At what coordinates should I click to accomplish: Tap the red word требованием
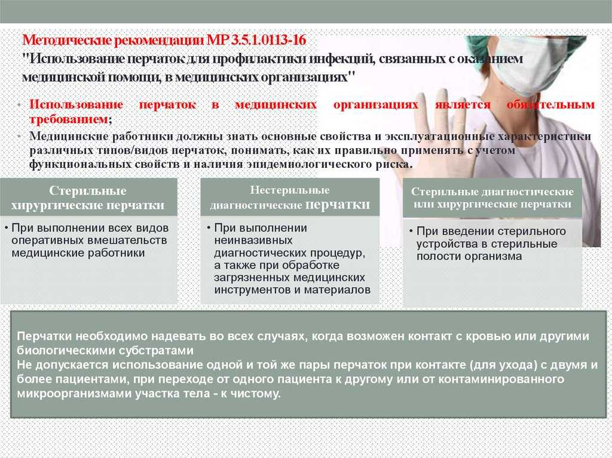(x=68, y=119)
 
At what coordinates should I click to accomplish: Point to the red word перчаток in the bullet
(x=167, y=104)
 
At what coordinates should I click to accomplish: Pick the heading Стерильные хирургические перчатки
(x=88, y=198)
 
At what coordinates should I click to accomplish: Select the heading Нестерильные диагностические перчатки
(x=290, y=198)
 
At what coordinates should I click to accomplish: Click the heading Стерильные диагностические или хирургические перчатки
(x=492, y=198)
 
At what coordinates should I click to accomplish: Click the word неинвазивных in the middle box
(x=253, y=240)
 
